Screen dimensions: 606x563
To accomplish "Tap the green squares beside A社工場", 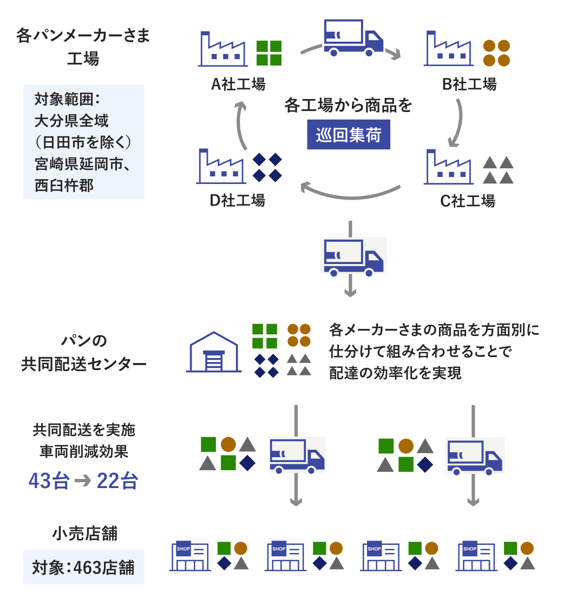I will (269, 53).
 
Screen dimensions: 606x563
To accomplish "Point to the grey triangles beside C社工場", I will (497, 170).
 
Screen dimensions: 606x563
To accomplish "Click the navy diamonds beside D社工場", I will (268, 167).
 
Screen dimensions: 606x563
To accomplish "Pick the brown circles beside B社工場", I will (496, 53).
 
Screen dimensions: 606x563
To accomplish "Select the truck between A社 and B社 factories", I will (353, 38).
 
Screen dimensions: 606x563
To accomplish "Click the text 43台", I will (49, 480).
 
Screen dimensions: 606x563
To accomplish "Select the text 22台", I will (117, 480).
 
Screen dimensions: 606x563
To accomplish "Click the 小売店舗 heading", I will (84, 534).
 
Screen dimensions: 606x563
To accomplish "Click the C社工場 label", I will (468, 201).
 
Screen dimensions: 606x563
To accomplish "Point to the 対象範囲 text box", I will (84, 142).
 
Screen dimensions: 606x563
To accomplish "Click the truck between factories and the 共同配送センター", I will (353, 256).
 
